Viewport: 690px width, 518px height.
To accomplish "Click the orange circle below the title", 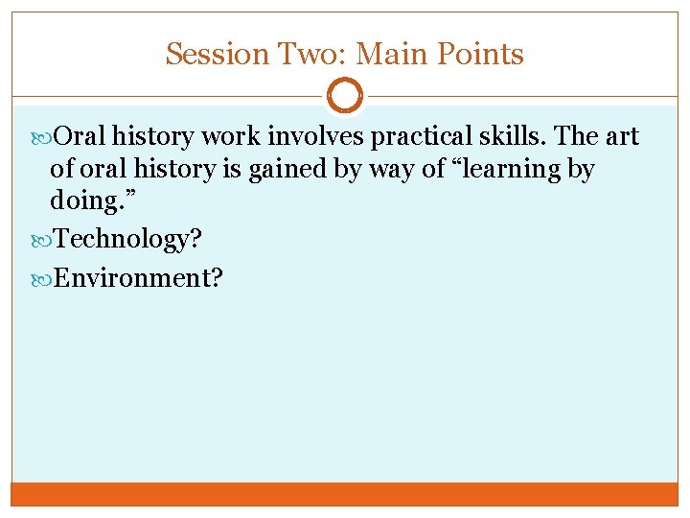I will pyautogui.click(x=345, y=96).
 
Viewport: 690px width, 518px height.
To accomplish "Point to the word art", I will pyautogui.click(x=620, y=137).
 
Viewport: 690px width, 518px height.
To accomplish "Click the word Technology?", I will pyautogui.click(x=127, y=240).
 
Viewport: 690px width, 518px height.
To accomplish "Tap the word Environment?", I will pyautogui.click(x=139, y=277).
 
